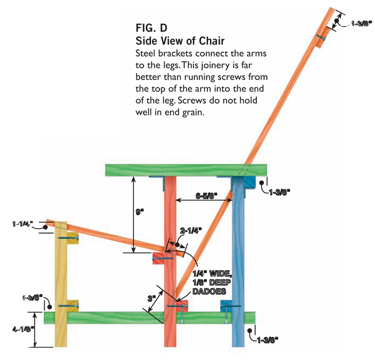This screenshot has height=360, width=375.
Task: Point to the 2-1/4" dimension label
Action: tap(191, 230)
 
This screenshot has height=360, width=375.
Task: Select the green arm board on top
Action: tap(187, 170)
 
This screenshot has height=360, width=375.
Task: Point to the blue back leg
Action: tap(239, 263)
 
